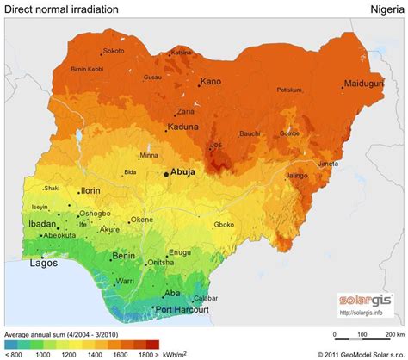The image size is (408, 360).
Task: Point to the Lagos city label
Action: (44, 264)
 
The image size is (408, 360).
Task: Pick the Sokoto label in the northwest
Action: (114, 51)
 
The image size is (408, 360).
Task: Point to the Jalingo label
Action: (296, 176)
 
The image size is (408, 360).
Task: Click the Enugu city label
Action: (180, 251)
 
